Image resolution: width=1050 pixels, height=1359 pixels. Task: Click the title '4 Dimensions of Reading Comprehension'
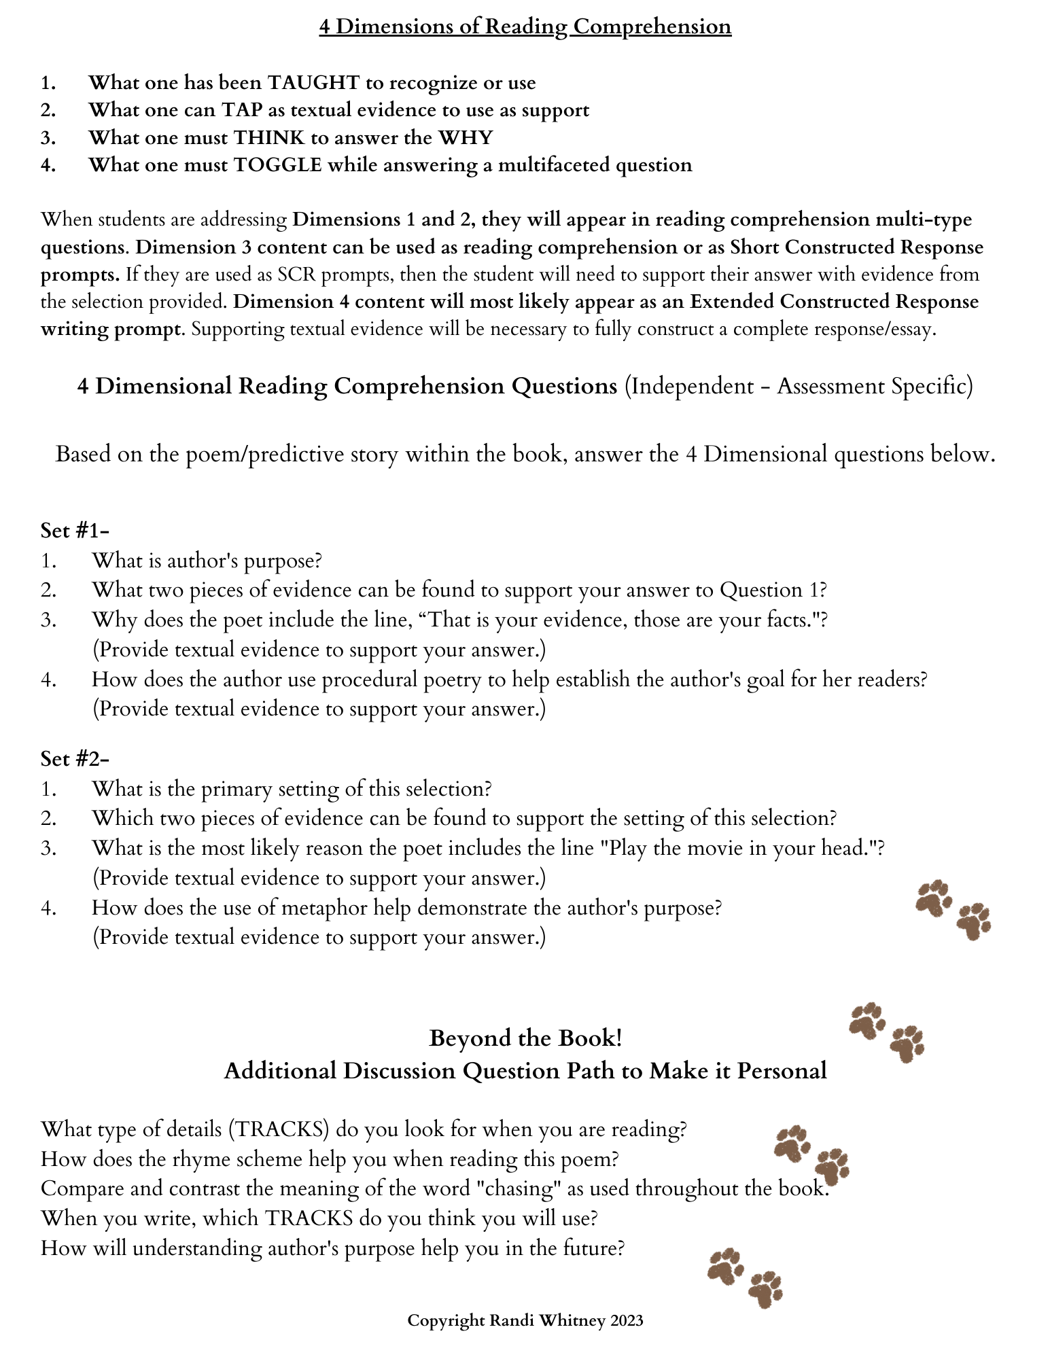pos(525,27)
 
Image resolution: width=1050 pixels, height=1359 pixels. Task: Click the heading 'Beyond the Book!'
pos(525,1038)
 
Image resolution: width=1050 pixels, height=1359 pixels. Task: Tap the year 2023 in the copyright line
pos(626,1320)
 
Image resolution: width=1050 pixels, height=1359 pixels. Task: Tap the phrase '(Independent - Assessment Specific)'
pos(799,386)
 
